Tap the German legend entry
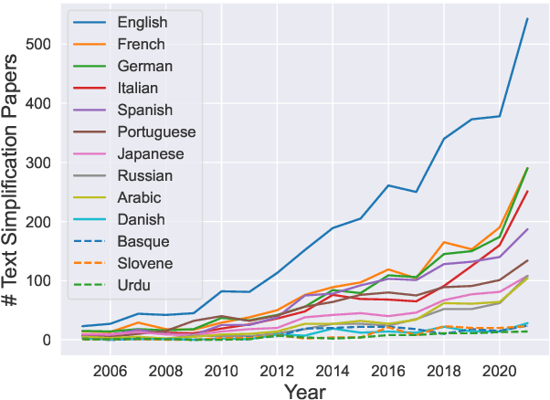pyautogui.click(x=143, y=65)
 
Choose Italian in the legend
pyautogui.click(x=140, y=87)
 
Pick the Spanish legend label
pyautogui.click(x=144, y=110)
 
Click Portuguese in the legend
pyautogui.click(x=156, y=132)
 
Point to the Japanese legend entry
pyautogui.click(x=152, y=154)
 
